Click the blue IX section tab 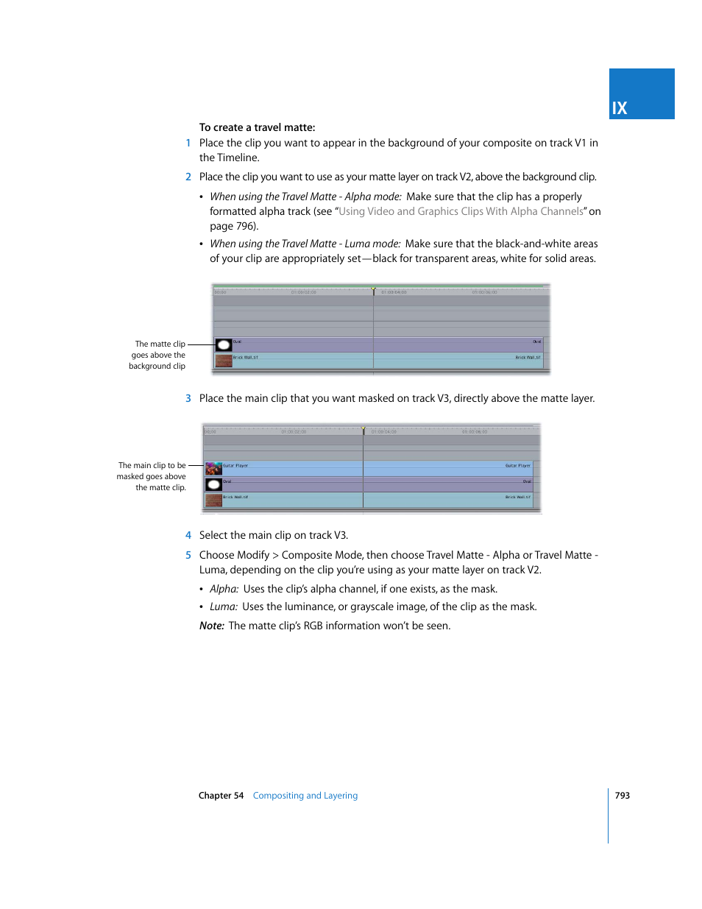[x=641, y=94]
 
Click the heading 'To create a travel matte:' [x=257, y=127]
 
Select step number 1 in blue [x=188, y=144]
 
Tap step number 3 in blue [x=188, y=398]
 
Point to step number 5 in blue [x=188, y=556]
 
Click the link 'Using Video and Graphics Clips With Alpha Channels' [x=461, y=211]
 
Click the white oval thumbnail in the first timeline [x=224, y=345]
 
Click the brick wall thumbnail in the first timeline [x=224, y=361]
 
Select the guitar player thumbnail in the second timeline [x=213, y=469]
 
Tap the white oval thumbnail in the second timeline [x=213, y=484]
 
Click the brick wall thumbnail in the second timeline [x=213, y=501]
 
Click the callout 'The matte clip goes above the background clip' [x=158, y=355]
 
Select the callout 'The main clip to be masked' [x=152, y=476]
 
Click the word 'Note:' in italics [x=211, y=626]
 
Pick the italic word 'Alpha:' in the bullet [x=224, y=590]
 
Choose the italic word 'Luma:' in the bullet [x=223, y=607]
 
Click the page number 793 [x=623, y=796]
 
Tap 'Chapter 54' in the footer [x=221, y=796]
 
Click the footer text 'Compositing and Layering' [x=305, y=796]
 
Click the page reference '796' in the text [x=245, y=227]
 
